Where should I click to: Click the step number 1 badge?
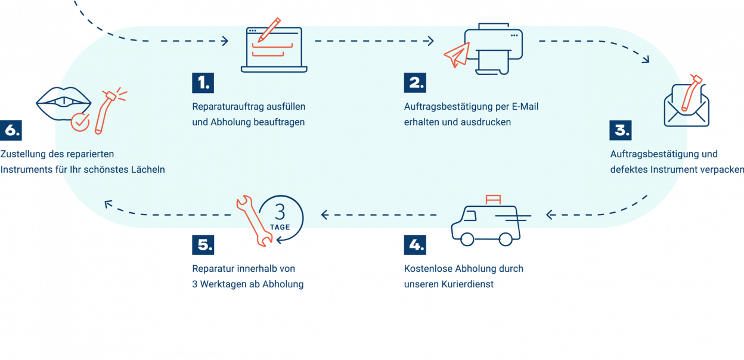203,83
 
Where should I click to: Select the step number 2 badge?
415,83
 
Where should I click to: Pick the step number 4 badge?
415,245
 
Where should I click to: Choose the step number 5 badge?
203,245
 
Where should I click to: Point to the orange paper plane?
456,55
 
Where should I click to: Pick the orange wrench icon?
253,221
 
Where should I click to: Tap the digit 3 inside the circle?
281,212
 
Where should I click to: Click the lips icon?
62,103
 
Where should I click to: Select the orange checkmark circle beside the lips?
79,123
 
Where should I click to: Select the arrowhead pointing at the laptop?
225,41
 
